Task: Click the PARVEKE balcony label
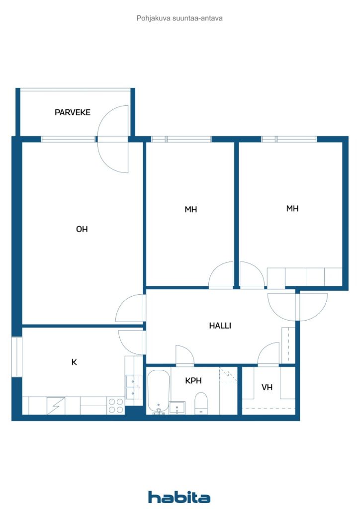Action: coord(73,112)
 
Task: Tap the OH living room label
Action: coord(82,229)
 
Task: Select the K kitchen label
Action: coord(74,362)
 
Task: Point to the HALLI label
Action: coord(220,325)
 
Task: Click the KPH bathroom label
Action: coord(193,380)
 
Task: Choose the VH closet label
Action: coord(267,387)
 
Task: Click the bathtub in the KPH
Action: coord(159,392)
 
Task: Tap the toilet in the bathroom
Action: coord(201,403)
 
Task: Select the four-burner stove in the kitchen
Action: coord(115,406)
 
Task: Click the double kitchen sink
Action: coord(133,387)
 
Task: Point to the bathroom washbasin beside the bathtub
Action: coord(177,408)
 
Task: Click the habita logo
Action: coord(179,497)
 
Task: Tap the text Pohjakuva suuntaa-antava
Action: coord(180,18)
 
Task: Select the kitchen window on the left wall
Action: coord(16,357)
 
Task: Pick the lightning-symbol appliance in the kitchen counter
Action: coord(56,406)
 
